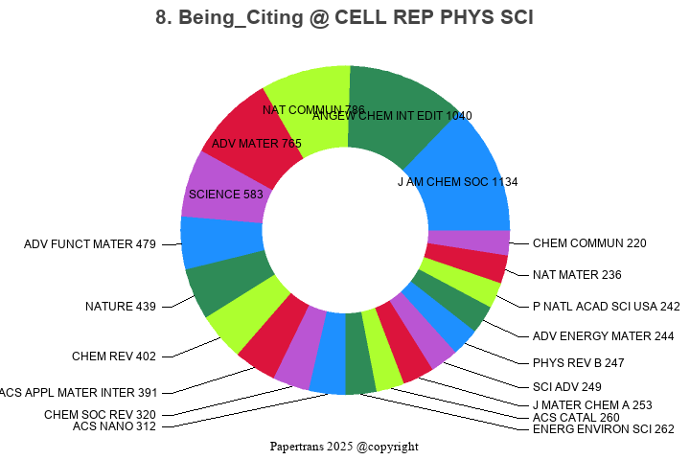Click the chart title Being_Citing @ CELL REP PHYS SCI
click(x=344, y=18)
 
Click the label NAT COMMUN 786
click(x=313, y=109)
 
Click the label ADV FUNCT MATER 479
click(x=90, y=244)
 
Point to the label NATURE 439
click(x=120, y=307)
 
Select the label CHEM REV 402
click(x=113, y=356)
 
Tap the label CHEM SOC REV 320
click(x=100, y=415)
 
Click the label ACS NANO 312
click(x=114, y=426)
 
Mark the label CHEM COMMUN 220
click(x=589, y=243)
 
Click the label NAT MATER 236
click(x=577, y=275)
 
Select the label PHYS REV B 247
click(x=578, y=364)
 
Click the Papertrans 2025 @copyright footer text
click(x=344, y=447)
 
